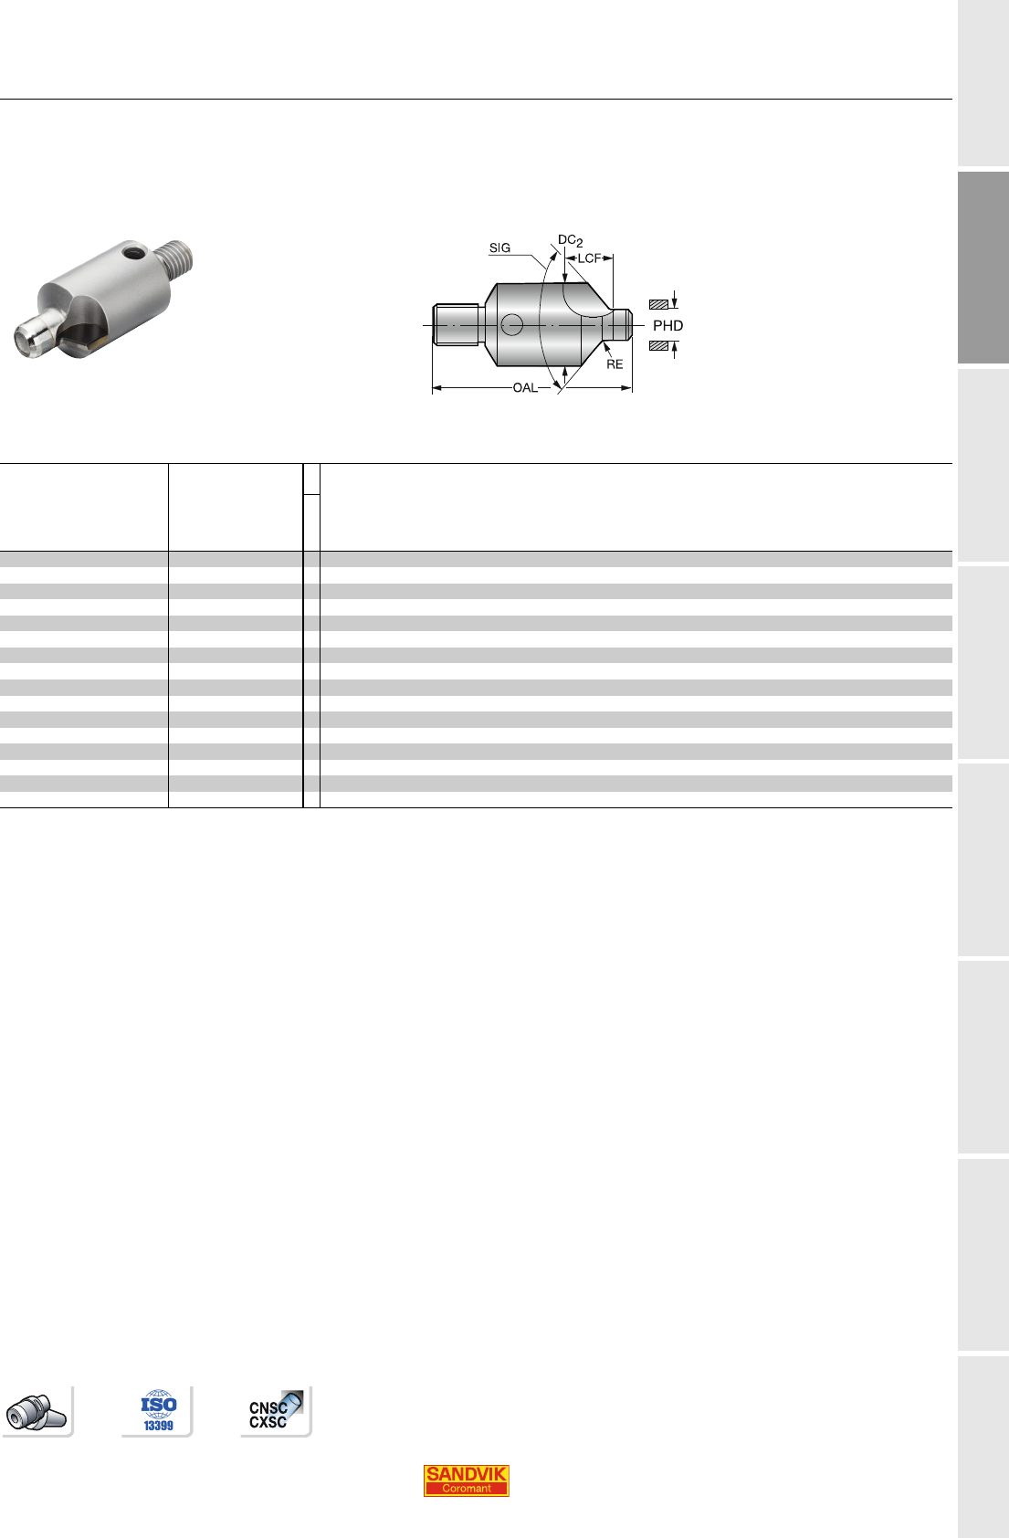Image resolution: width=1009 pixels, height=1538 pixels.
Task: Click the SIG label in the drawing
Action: point(499,248)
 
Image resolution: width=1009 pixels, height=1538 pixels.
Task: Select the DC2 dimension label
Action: point(570,240)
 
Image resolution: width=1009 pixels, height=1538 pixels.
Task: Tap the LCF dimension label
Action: point(589,258)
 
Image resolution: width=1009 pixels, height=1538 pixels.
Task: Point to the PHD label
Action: point(667,325)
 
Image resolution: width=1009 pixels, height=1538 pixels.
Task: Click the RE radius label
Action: point(615,363)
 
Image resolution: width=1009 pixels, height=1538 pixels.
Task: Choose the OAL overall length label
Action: point(525,388)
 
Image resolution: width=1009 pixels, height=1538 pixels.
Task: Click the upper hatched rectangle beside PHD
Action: point(658,304)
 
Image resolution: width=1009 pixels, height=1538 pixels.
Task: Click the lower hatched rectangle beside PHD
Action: point(658,346)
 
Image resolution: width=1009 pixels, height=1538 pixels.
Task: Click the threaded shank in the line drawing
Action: point(456,325)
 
